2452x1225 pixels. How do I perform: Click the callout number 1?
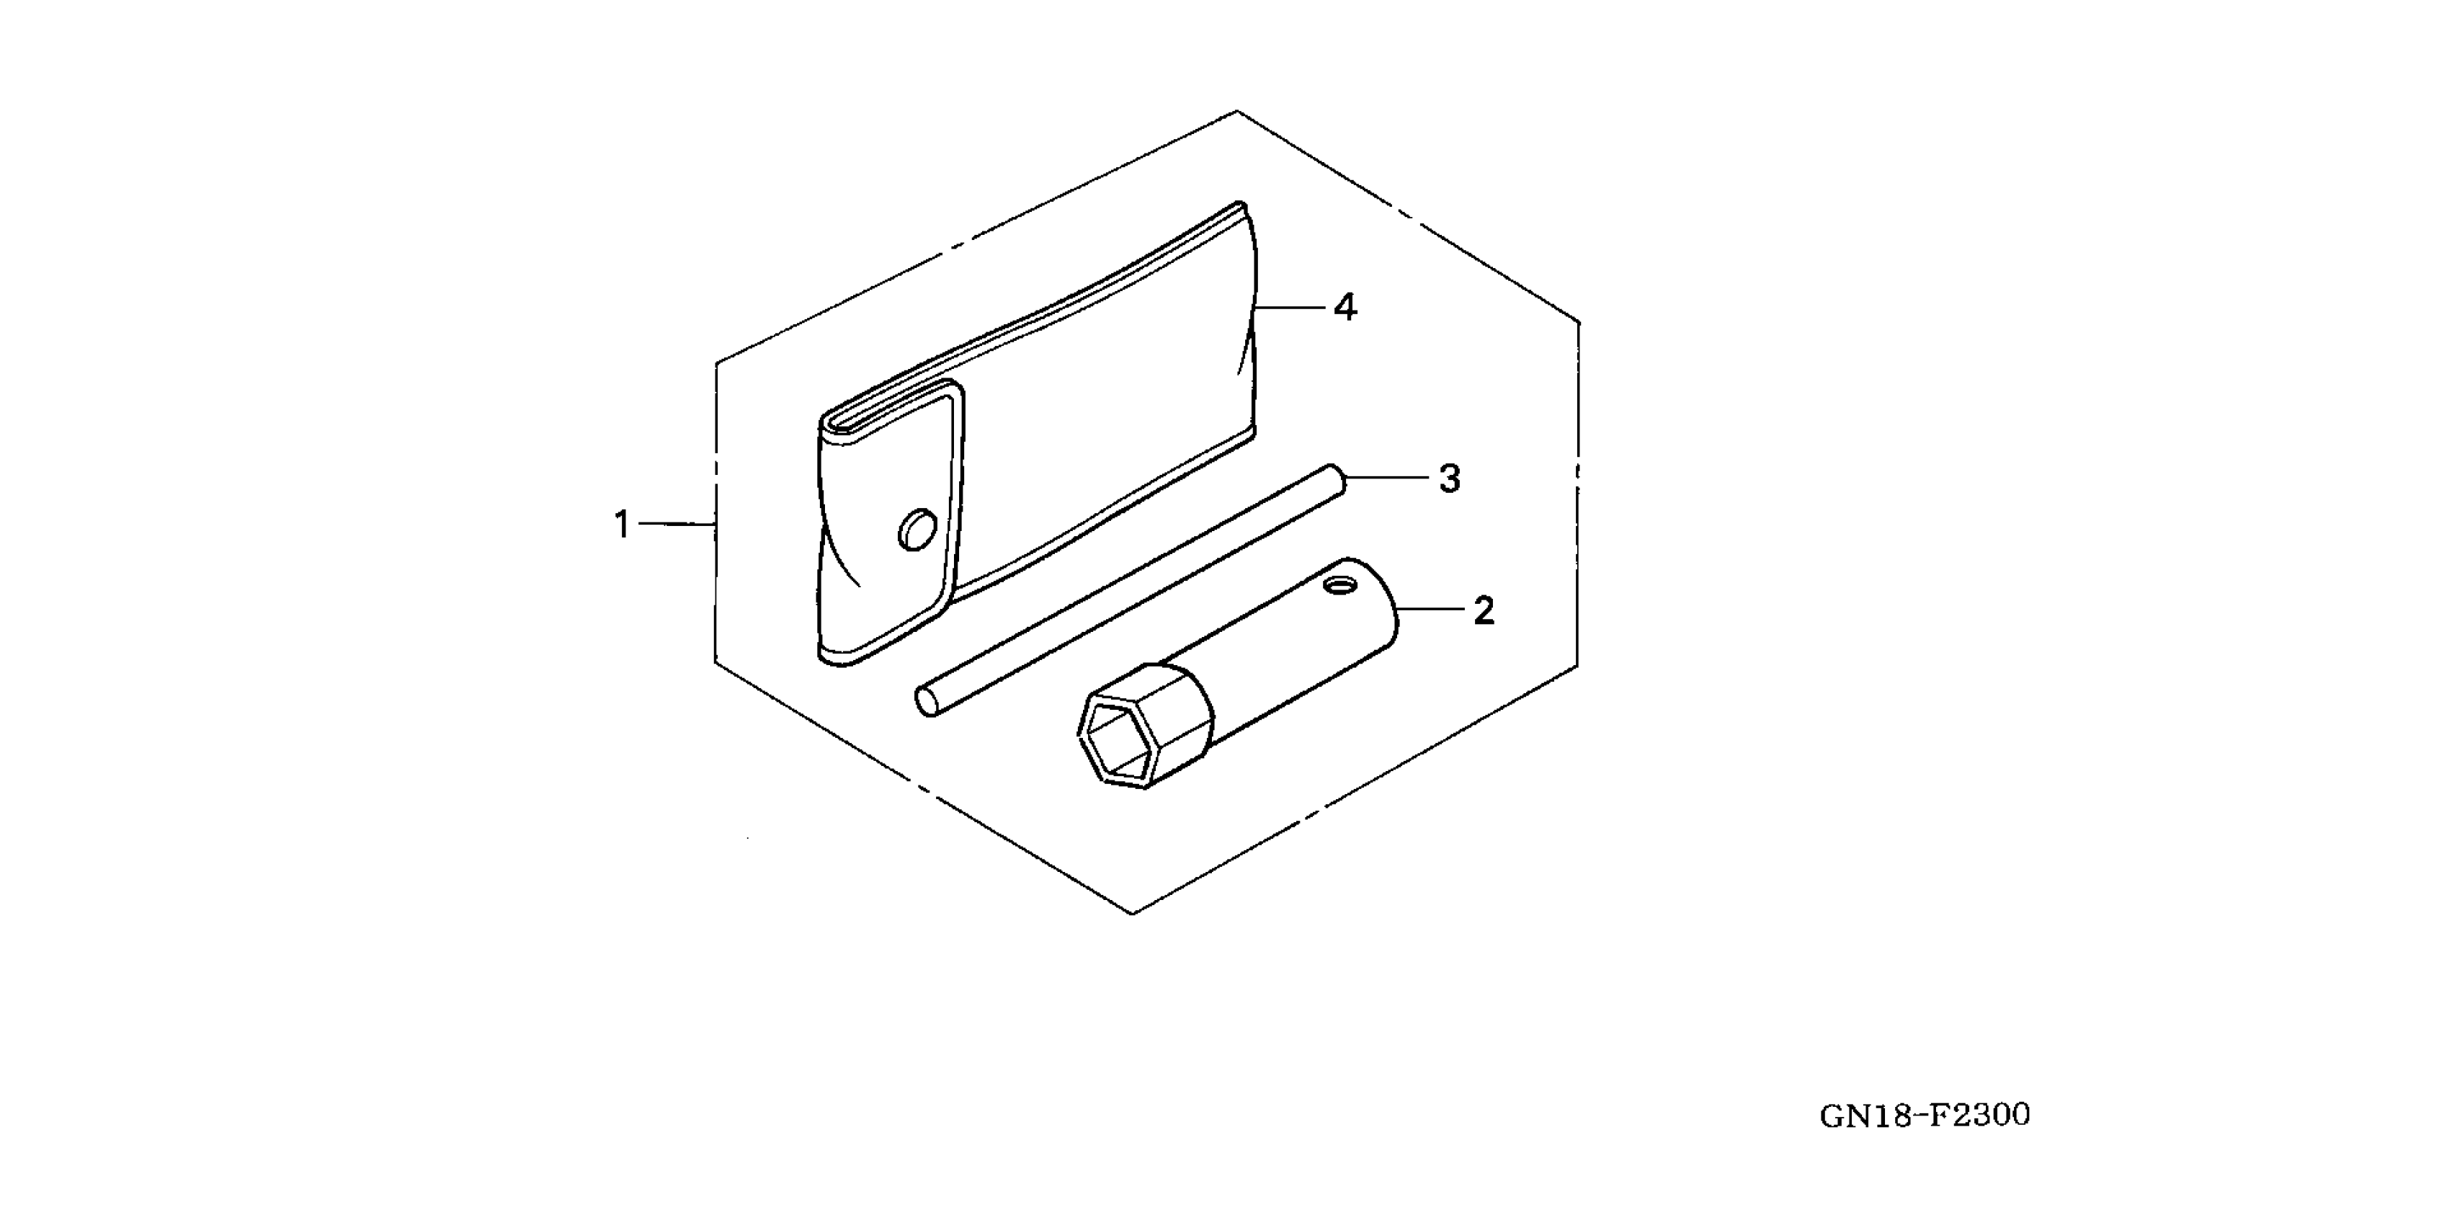pyautogui.click(x=622, y=525)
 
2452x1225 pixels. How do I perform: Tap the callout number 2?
pyautogui.click(x=1483, y=611)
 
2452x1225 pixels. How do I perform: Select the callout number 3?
pyautogui.click(x=1449, y=478)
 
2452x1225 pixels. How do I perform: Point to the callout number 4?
pyautogui.click(x=1344, y=308)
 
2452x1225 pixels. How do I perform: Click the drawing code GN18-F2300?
pyautogui.click(x=1924, y=1115)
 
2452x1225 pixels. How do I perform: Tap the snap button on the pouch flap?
pyautogui.click(x=917, y=529)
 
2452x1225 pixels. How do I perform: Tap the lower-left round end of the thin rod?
pyautogui.click(x=925, y=703)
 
